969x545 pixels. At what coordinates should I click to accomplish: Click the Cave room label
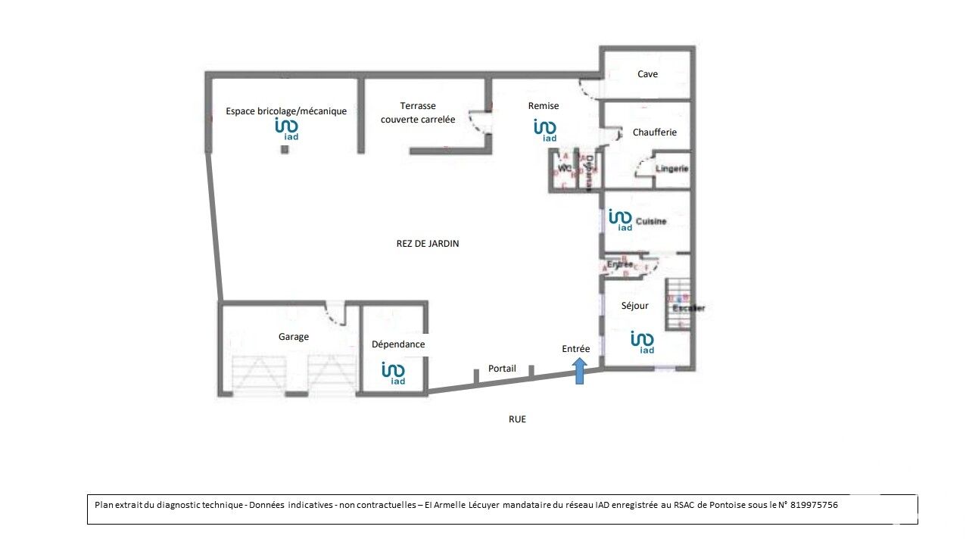click(647, 74)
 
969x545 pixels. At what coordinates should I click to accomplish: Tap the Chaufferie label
click(655, 132)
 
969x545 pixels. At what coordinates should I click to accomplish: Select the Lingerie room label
click(672, 169)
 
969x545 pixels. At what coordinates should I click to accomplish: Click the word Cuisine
click(651, 222)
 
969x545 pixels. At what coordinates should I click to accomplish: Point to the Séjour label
click(634, 306)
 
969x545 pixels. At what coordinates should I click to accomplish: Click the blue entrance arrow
click(579, 371)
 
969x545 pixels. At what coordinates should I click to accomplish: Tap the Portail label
click(502, 369)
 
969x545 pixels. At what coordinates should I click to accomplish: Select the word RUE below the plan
click(517, 419)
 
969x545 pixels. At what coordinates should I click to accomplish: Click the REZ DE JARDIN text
click(428, 244)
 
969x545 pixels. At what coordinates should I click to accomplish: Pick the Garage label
click(294, 337)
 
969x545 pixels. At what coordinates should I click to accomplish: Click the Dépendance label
click(398, 344)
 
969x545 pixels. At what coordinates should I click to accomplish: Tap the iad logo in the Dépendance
click(394, 372)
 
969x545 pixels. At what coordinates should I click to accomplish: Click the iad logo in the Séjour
click(643, 342)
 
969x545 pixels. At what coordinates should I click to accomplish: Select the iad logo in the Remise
click(546, 130)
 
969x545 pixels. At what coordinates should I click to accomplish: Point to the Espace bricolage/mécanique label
click(286, 111)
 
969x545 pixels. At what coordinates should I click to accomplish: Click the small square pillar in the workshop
click(285, 150)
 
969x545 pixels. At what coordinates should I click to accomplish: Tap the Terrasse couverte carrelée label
click(418, 113)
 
